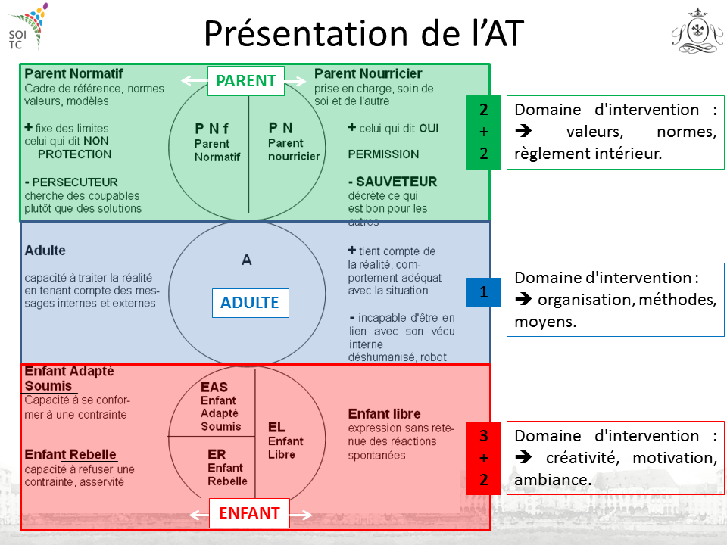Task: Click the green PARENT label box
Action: [x=245, y=81]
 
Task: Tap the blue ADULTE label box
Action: [x=251, y=303]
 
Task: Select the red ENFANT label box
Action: [x=249, y=513]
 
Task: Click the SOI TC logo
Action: [x=27, y=27]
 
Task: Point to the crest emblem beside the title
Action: [x=697, y=32]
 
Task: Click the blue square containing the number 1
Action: [x=484, y=292]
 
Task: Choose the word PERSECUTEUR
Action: [x=75, y=182]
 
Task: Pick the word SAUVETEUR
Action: [x=396, y=182]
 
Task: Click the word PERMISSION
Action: [x=383, y=154]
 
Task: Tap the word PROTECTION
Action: [x=75, y=154]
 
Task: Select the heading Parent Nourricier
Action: [x=368, y=73]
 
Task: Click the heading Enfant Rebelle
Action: [x=70, y=455]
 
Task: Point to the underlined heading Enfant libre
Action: [x=385, y=414]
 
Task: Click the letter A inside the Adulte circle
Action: [x=247, y=260]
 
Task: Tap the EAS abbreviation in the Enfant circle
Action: [x=214, y=387]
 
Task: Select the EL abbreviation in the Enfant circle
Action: [x=276, y=427]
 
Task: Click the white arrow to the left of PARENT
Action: [x=195, y=81]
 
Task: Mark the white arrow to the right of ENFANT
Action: [x=301, y=515]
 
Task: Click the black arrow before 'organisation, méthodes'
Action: [x=523, y=300]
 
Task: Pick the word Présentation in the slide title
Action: [x=306, y=34]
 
